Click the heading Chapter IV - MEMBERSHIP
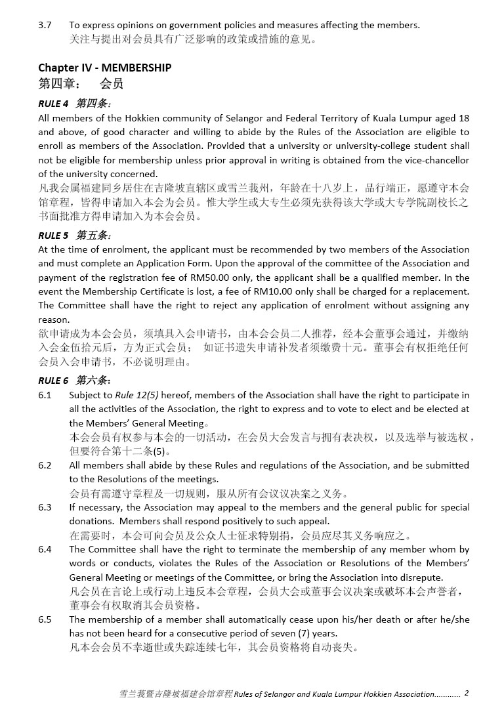pyautogui.click(x=104, y=68)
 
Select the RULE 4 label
pyautogui.click(x=53, y=104)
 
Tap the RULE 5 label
pyautogui.click(x=53, y=235)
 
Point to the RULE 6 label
pyautogui.click(x=53, y=381)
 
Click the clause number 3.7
pyautogui.click(x=45, y=25)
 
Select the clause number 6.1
pyautogui.click(x=45, y=395)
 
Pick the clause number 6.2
pyautogui.click(x=45, y=465)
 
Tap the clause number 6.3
pyautogui.click(x=45, y=507)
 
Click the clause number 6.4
pyautogui.click(x=45, y=549)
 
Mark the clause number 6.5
pyautogui.click(x=45, y=619)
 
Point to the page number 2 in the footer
pyautogui.click(x=466, y=693)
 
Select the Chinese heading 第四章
pyautogui.click(x=60, y=83)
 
